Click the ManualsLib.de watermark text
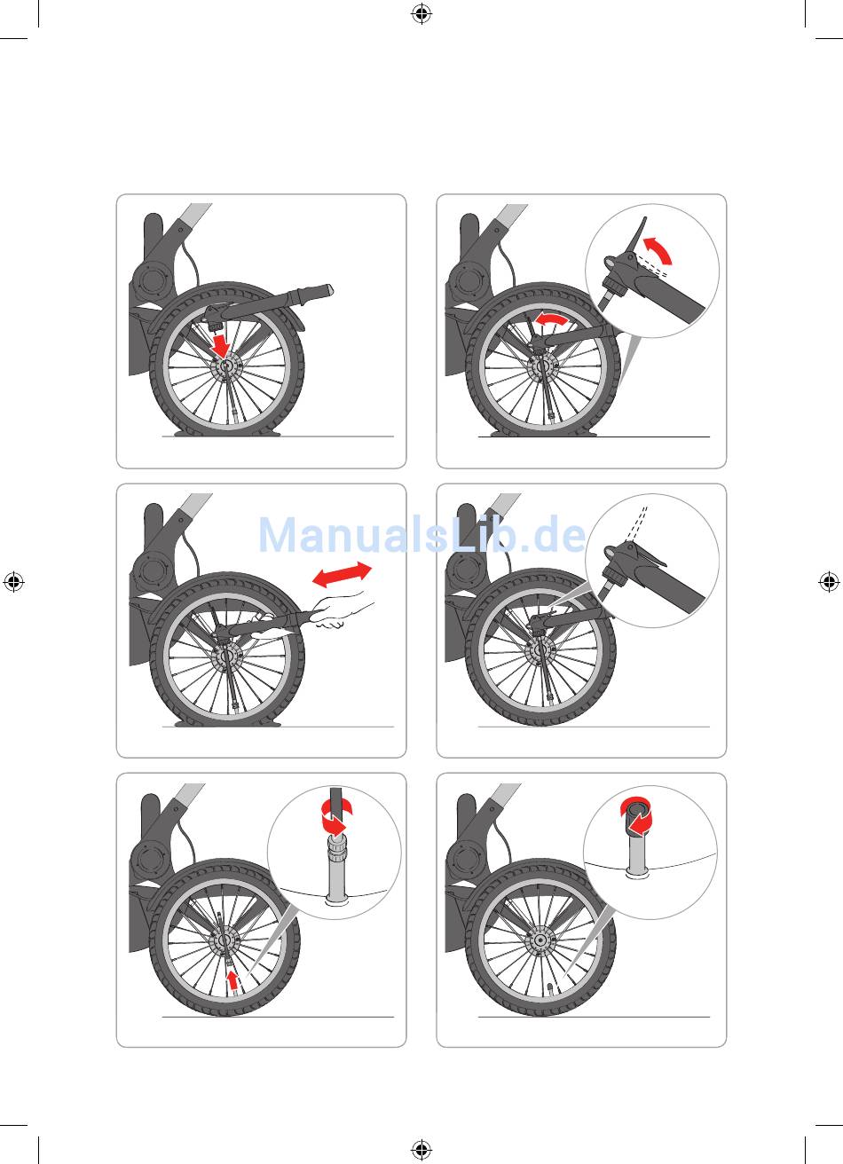tap(421, 535)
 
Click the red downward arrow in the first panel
tap(222, 345)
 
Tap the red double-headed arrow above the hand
tap(342, 574)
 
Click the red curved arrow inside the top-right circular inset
tap(660, 250)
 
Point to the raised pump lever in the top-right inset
tap(637, 237)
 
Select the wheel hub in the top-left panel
tap(225, 366)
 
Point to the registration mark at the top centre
tap(421, 13)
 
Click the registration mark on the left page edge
tap(13, 581)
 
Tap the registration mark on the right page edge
tap(829, 581)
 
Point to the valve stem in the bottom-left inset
tap(335, 868)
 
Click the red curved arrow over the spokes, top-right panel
tap(553, 319)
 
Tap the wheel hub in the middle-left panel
tap(225, 656)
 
